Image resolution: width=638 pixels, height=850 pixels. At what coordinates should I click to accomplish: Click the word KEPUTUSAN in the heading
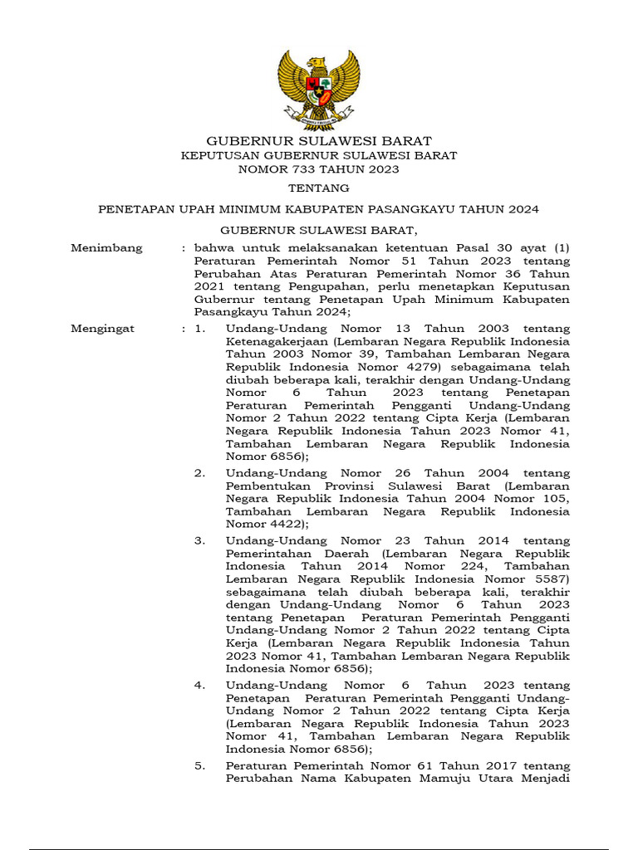click(x=217, y=155)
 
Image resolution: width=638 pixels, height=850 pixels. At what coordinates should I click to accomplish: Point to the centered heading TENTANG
click(x=319, y=189)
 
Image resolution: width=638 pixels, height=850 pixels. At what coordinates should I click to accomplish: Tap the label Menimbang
click(x=106, y=248)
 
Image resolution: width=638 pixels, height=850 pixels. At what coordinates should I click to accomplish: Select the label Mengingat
click(x=102, y=329)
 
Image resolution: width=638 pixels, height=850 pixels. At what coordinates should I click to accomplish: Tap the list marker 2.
click(x=199, y=473)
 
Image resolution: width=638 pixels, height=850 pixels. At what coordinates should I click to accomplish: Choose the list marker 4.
click(x=199, y=686)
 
